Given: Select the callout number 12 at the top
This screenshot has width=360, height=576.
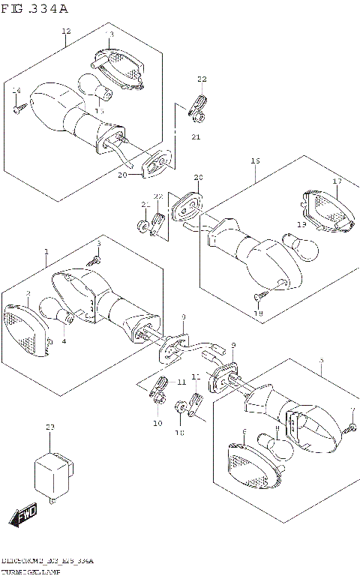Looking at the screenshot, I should pos(66,31).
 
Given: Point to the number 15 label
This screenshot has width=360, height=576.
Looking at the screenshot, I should pos(99,111).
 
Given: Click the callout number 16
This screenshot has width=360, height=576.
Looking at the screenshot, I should pos(255,161).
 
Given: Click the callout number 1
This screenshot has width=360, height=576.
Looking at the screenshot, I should pos(46,252).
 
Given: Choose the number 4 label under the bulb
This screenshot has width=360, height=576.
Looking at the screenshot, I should pos(64,342).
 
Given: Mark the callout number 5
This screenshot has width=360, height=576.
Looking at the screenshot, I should pos(321,361).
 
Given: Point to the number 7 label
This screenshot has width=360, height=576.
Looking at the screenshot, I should pos(352,410).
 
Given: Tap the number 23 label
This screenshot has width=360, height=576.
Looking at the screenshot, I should pos(50,427).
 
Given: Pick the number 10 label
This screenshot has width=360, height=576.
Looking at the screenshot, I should pos(157,424).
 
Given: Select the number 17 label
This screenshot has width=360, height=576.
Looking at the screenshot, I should pos(337,181).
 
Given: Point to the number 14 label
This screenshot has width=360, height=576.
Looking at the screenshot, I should pos(16,91).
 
